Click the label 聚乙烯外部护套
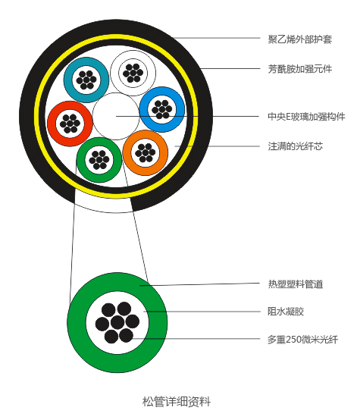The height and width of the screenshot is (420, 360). pos(300,39)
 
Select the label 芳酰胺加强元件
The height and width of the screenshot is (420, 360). pos(300,69)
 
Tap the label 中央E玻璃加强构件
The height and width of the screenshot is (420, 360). pos(306,117)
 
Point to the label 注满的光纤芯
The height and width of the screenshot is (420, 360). pos(295,146)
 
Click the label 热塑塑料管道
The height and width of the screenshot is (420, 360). pos(295,284)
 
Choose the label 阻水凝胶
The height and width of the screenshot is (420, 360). pos(286,312)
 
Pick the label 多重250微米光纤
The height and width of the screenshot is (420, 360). pos(302,340)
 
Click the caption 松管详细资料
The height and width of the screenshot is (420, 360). pos(177,402)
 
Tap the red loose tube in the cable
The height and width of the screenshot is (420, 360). pos(52,124)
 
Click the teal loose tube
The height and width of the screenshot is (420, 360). pos(68,80)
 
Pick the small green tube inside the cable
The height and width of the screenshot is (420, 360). pos(81,160)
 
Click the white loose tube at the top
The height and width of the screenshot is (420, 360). pos(115,73)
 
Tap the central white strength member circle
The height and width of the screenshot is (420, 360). pos(116,116)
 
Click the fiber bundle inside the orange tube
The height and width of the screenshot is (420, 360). pos(146,153)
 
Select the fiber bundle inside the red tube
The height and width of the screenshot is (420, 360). pos(70,124)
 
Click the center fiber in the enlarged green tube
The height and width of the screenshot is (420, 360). pos(117,322)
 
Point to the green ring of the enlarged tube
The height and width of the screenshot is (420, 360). pos(77,322)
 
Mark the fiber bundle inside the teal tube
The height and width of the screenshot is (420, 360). pos(86,80)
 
